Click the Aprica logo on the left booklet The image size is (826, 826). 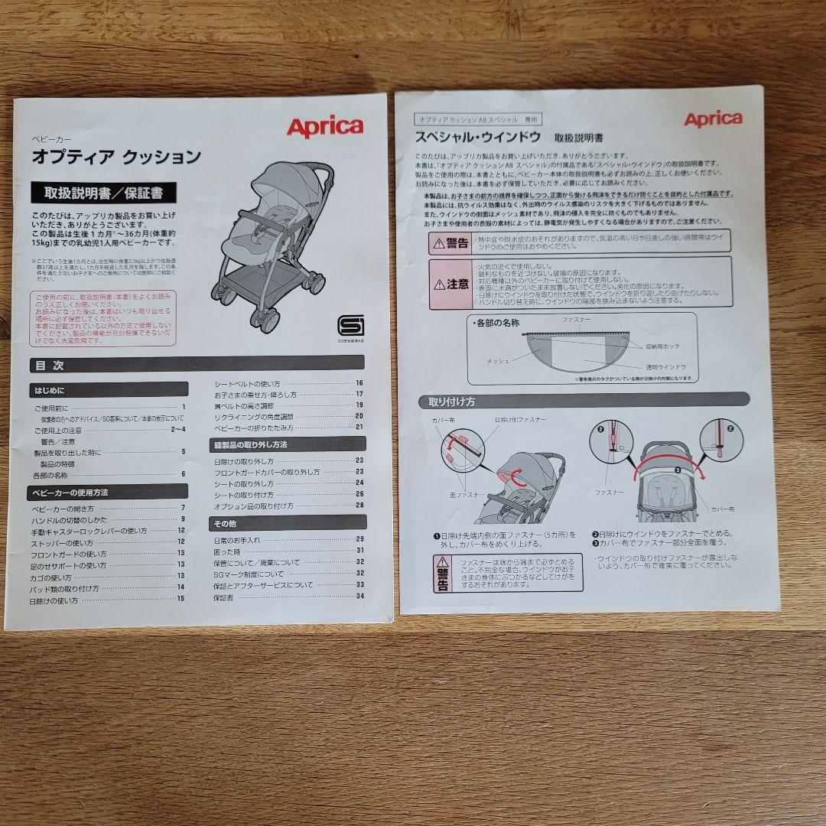point(324,127)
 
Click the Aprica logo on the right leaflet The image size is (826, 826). point(712,119)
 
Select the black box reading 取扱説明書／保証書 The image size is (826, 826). point(103,192)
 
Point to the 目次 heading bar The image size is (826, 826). point(197,365)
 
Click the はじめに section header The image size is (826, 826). point(109,389)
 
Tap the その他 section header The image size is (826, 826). point(288,523)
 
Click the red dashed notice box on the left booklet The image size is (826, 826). point(103,317)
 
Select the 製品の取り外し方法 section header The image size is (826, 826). point(288,444)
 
